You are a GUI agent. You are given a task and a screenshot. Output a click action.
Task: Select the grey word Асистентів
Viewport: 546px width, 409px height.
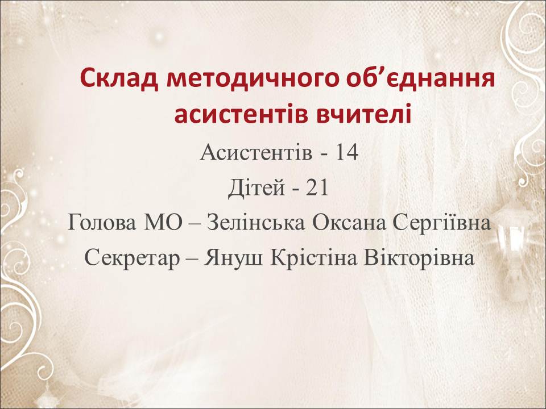pyautogui.click(x=256, y=152)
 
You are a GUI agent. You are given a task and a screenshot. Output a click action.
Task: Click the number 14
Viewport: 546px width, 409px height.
pyautogui.click(x=346, y=152)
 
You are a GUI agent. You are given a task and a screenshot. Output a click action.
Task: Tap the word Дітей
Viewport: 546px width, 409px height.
pyautogui.click(x=257, y=188)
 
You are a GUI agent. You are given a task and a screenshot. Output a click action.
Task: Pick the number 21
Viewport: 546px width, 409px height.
pyautogui.click(x=317, y=188)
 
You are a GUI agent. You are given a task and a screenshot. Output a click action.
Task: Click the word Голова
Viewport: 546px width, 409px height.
pyautogui.click(x=101, y=223)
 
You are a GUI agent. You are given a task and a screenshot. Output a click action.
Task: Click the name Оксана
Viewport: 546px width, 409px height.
pyautogui.click(x=349, y=223)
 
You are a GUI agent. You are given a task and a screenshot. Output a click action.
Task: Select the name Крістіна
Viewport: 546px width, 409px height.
pyautogui.click(x=313, y=258)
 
